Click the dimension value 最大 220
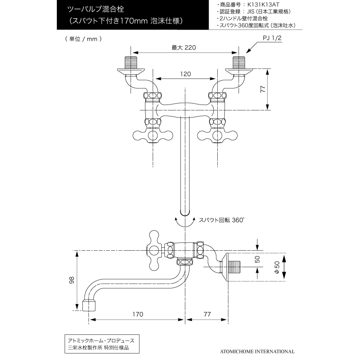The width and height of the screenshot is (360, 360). (x=183, y=48)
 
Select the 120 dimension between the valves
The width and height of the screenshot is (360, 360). (x=185, y=74)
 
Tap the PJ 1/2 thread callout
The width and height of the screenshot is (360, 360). (x=272, y=38)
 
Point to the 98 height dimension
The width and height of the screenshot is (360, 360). (x=72, y=280)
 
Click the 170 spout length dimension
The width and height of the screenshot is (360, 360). (x=138, y=314)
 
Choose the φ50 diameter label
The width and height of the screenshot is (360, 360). (x=277, y=267)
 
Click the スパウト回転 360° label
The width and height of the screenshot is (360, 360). (x=221, y=220)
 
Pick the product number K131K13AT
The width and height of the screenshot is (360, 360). (x=263, y=5)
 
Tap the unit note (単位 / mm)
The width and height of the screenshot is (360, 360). (x=83, y=39)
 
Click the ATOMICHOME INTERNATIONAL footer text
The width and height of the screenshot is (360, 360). (x=257, y=351)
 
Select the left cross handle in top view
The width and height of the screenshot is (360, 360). (x=153, y=135)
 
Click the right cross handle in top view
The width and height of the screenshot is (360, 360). (x=217, y=135)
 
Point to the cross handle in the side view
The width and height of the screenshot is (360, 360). (x=154, y=251)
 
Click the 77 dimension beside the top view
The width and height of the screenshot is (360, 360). (x=263, y=89)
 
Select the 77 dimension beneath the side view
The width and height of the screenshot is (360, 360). (x=207, y=314)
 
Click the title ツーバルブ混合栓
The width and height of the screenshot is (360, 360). (x=95, y=9)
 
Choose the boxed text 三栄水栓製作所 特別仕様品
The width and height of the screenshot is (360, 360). (x=98, y=347)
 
